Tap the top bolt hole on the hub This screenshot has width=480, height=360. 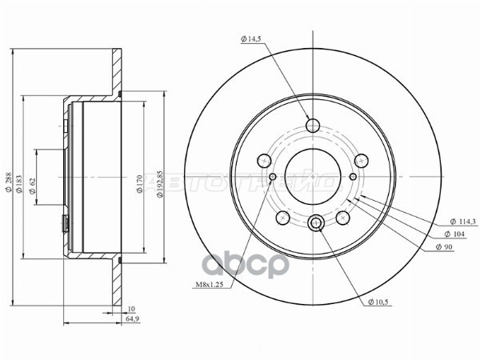point(313,125)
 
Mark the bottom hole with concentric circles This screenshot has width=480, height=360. point(316,224)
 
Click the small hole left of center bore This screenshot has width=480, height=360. point(274,177)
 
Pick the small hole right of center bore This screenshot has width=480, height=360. point(353,177)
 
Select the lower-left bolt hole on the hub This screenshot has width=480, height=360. point(282,218)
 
